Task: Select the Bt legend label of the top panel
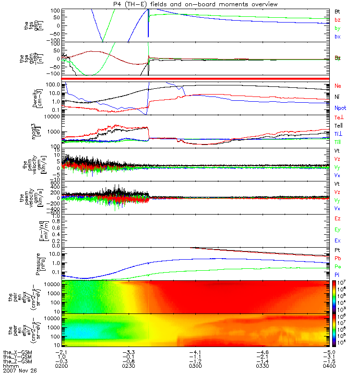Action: [337, 11]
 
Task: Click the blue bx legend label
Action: [337, 36]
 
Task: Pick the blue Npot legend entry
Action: [339, 109]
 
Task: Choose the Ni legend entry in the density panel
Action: [337, 97]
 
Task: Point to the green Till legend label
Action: [338, 142]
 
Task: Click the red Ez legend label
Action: [337, 218]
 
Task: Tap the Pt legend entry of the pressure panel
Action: [337, 251]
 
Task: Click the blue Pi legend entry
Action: [337, 274]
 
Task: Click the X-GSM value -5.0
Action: [328, 352]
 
